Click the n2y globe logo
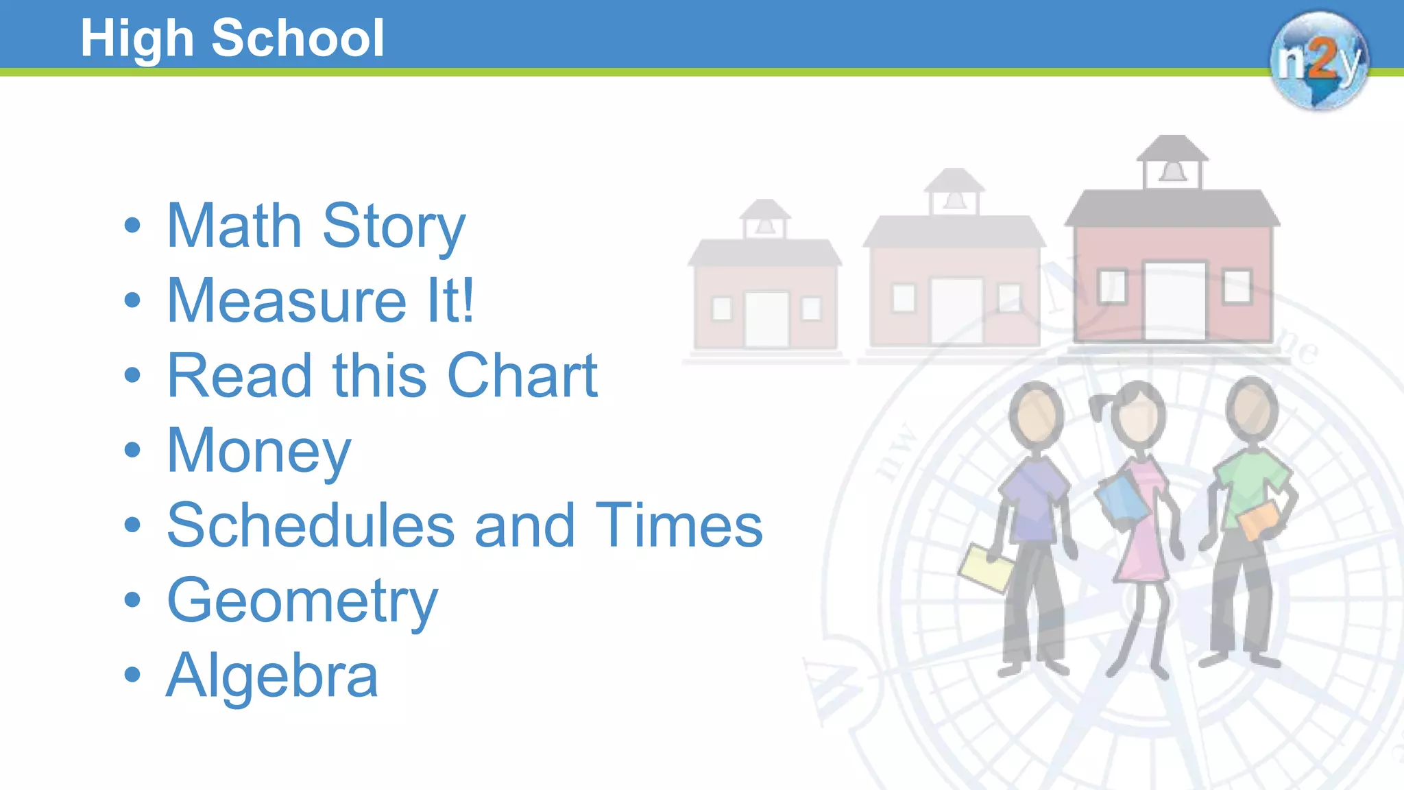click(x=1318, y=60)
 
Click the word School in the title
click(x=298, y=38)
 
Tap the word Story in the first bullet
click(x=394, y=226)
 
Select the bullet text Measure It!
click(x=320, y=300)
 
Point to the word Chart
click(x=522, y=376)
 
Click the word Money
click(x=258, y=451)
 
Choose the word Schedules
click(x=311, y=525)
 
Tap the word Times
click(x=679, y=525)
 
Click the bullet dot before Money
click(x=132, y=450)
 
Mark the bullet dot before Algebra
click(x=132, y=675)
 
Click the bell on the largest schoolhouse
click(x=1172, y=171)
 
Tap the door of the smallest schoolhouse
click(x=766, y=320)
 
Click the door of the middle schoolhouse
click(x=956, y=310)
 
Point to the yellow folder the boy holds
click(x=986, y=568)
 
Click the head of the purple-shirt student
click(x=1036, y=415)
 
